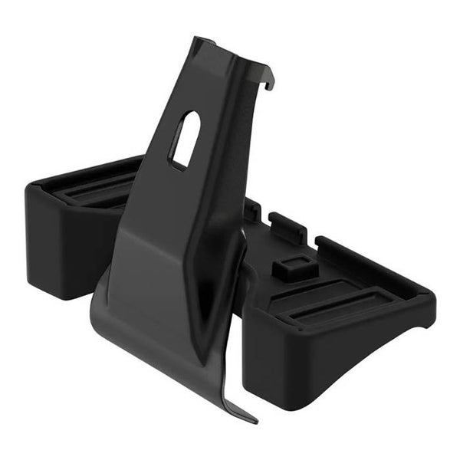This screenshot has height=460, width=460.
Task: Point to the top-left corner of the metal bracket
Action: pos(194,38)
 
